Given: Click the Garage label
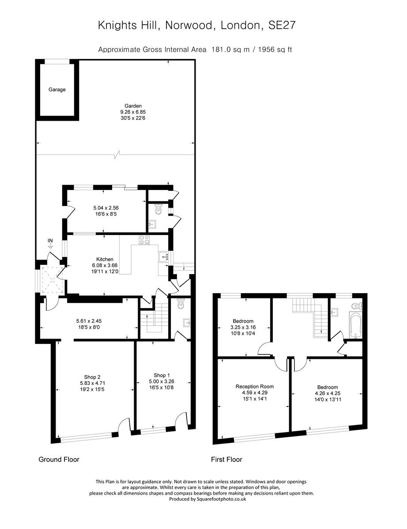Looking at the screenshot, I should click(57, 89).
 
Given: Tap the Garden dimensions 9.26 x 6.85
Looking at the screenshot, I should click(133, 112).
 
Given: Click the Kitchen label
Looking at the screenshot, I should click(105, 259).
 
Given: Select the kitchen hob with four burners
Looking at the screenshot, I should click(144, 240).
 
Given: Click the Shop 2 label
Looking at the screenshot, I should click(93, 377).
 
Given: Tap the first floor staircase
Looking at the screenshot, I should click(309, 315).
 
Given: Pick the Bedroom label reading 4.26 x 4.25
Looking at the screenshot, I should click(327, 387).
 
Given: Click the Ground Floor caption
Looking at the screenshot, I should click(59, 459).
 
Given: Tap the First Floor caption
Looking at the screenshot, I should click(226, 459).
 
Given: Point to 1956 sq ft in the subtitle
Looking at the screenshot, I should click(273, 49).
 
